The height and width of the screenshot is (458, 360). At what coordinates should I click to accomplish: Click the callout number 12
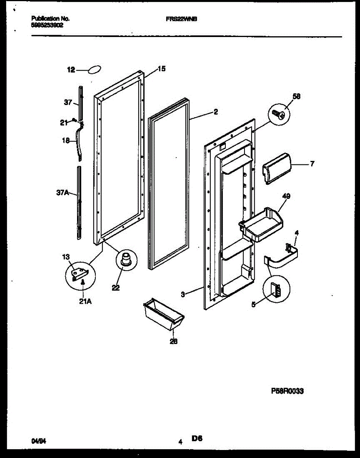[71, 70]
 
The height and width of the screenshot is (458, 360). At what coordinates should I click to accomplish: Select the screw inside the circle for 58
[278, 114]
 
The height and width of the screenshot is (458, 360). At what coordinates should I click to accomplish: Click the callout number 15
[161, 69]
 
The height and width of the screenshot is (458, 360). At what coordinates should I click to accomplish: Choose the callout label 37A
[62, 194]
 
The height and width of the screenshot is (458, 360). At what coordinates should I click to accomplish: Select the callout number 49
[286, 196]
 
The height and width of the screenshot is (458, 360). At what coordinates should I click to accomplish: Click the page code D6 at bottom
[196, 439]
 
